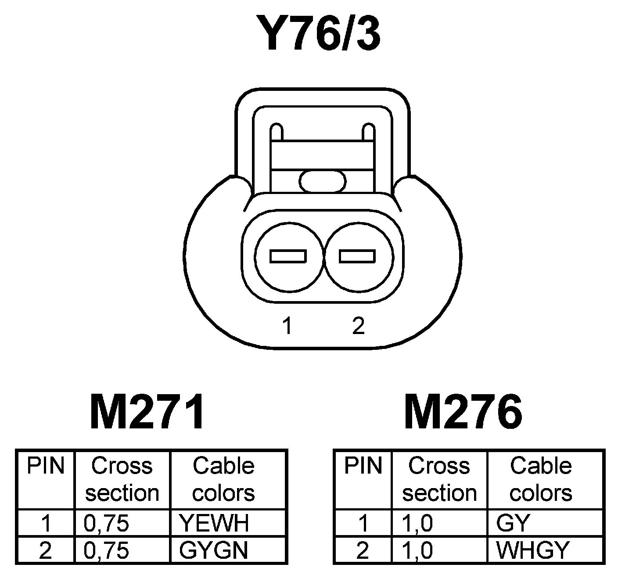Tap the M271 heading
(147, 412)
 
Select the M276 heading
(463, 412)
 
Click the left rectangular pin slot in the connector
(288, 256)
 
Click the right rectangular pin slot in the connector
(357, 256)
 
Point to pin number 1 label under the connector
(287, 326)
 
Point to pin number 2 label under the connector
(358, 325)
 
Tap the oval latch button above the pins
(323, 181)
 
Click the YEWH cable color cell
(214, 523)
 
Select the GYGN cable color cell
(214, 550)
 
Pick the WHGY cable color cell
(532, 550)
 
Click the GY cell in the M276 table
(513, 523)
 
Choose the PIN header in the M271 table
(46, 466)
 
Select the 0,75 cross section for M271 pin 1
(106, 523)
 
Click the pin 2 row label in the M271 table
(45, 550)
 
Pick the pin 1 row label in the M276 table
(363, 523)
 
